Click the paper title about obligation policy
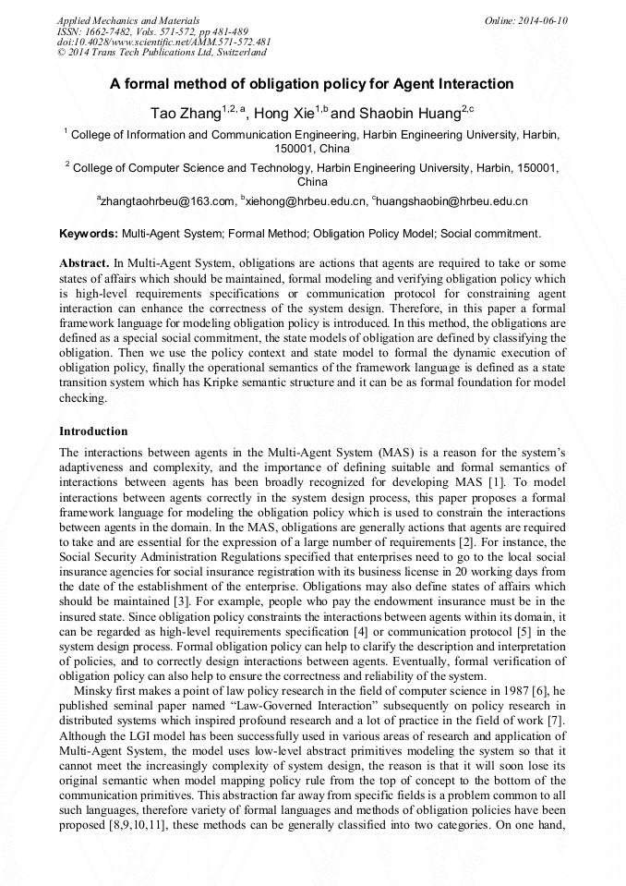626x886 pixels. (x=312, y=84)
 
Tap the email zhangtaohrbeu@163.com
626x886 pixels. (x=168, y=200)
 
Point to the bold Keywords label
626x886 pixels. (x=89, y=234)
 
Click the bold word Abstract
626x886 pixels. (x=84, y=263)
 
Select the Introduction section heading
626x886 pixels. (x=93, y=431)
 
